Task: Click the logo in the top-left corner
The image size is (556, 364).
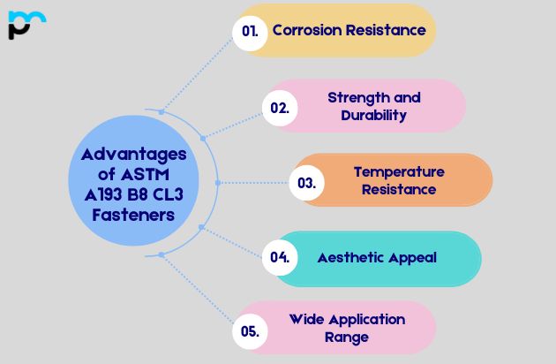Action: pyautogui.click(x=26, y=24)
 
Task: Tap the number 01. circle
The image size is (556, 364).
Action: pyautogui.click(x=250, y=30)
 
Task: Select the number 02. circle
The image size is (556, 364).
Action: pyautogui.click(x=280, y=108)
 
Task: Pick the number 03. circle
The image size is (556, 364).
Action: pyautogui.click(x=306, y=183)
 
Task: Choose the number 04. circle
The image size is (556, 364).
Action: pyautogui.click(x=280, y=258)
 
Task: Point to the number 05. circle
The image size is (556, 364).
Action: pyautogui.click(x=250, y=332)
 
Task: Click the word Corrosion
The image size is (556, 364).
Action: pyautogui.click(x=308, y=30)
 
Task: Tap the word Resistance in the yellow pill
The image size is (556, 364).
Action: pyautogui.click(x=387, y=30)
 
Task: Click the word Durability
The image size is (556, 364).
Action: pyautogui.click(x=374, y=115)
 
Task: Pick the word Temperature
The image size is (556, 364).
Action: pyautogui.click(x=399, y=171)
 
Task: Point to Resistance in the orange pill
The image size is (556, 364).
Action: pyautogui.click(x=399, y=189)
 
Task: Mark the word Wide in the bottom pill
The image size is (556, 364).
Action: pyautogui.click(x=307, y=319)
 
